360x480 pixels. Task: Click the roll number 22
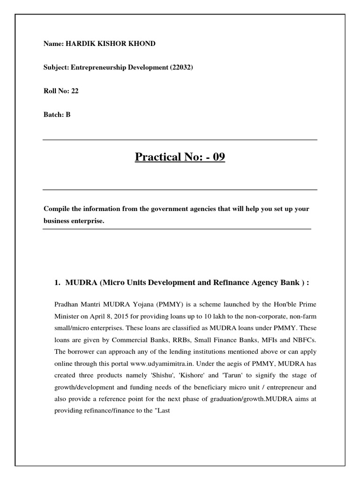click(75, 91)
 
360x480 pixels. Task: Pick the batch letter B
click(68, 114)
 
